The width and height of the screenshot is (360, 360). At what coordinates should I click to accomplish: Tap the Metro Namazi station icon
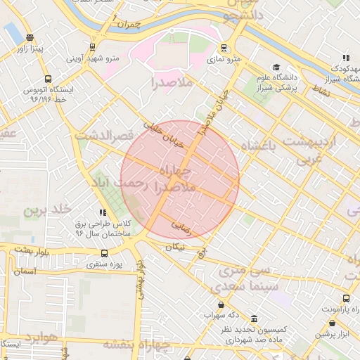tap(224, 49)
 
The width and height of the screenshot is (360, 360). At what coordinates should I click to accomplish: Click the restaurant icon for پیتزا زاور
tap(29, 37)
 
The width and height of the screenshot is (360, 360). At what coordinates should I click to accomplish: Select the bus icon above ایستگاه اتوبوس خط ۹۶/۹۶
tap(47, 79)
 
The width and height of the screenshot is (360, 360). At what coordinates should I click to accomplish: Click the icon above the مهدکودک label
tap(345, 58)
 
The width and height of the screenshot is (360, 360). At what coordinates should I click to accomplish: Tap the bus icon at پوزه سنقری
tap(104, 254)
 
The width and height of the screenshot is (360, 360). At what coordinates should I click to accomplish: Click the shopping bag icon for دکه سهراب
tap(222, 304)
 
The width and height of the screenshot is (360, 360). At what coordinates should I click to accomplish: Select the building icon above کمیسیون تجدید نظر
tap(253, 318)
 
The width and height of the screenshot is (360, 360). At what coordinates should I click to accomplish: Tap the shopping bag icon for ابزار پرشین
tap(333, 323)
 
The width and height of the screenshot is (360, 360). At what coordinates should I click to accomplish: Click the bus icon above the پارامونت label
tap(347, 297)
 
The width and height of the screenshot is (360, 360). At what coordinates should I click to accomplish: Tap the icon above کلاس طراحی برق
tap(103, 212)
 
